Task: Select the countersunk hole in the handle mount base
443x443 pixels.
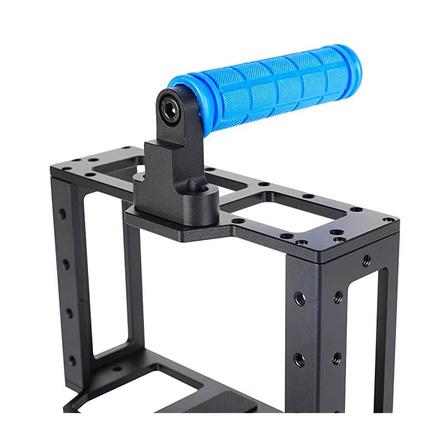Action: point(204,193)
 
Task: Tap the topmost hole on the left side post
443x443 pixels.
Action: point(61,213)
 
